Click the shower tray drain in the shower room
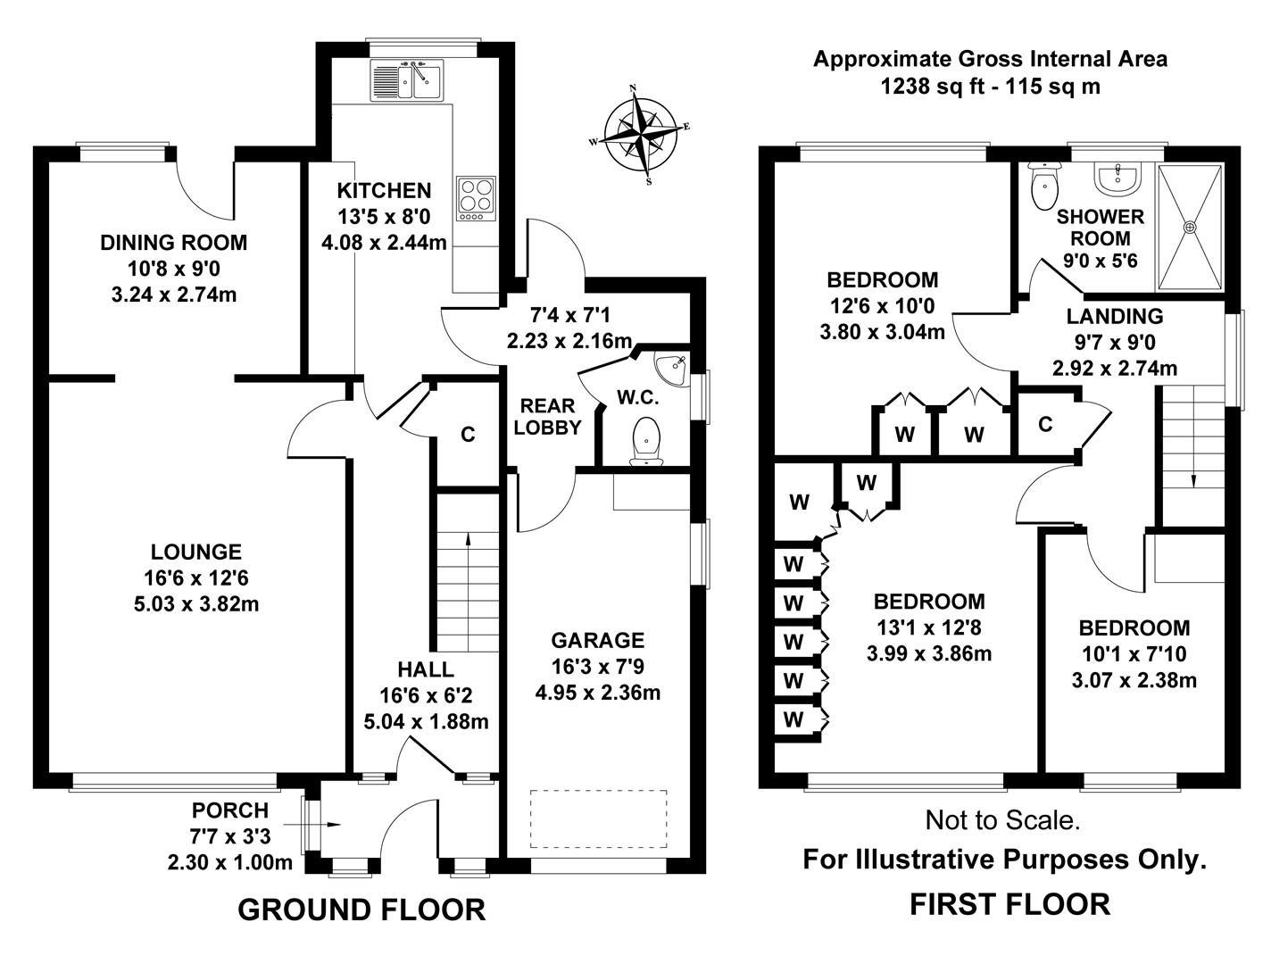click(1189, 227)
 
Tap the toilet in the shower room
click(1043, 186)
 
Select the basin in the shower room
click(1117, 178)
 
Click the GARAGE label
click(597, 640)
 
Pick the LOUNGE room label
click(195, 553)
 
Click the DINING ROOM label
click(173, 242)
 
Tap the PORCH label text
click(229, 810)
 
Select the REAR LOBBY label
click(547, 416)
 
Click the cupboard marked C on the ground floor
click(467, 435)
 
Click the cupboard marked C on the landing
click(1045, 424)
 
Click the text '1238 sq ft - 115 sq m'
click(990, 87)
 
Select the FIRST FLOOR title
click(1009, 904)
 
